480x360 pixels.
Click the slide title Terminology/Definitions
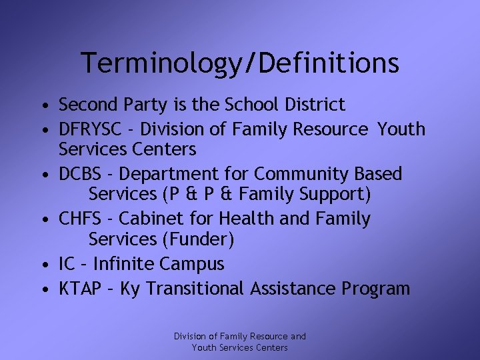click(x=240, y=63)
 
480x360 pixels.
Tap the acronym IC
click(x=67, y=264)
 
